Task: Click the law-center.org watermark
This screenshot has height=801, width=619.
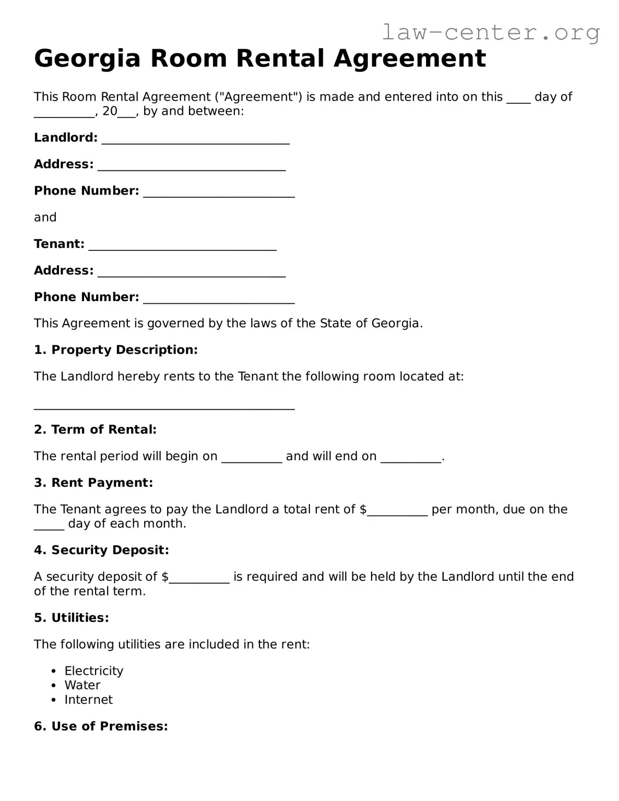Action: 490,32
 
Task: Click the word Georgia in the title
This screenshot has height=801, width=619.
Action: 87,58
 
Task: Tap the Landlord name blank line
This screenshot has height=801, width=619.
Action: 196,139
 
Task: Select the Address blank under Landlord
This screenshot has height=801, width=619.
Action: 191,166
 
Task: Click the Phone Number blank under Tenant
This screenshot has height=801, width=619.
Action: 219,298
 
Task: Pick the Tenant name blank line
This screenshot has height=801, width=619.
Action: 182,245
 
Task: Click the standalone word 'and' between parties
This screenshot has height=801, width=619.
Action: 45,217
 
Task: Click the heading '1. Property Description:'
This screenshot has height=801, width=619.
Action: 116,350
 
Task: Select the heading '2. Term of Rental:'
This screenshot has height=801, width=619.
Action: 95,430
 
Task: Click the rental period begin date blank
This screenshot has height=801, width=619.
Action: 251,457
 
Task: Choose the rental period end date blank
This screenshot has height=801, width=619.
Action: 410,457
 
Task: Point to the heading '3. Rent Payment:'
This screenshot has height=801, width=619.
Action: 93,483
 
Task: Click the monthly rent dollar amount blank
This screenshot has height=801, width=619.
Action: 397,510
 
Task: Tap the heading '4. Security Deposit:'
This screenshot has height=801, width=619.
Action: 102,550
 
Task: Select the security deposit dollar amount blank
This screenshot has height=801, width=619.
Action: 199,578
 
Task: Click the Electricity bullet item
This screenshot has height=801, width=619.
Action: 93,671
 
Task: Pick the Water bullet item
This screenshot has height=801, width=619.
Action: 82,685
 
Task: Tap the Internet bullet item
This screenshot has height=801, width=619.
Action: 89,700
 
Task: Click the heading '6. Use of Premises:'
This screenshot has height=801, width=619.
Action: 101,727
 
